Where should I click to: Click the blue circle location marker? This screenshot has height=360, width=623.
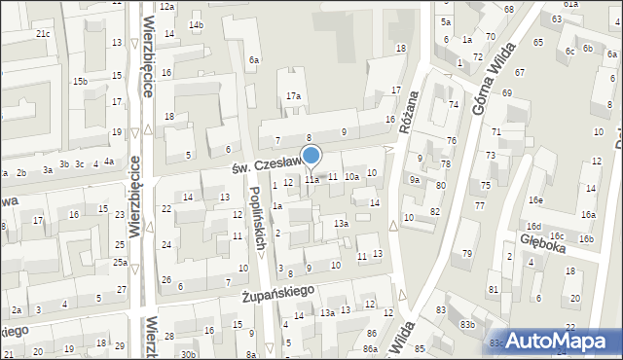tap(311, 155)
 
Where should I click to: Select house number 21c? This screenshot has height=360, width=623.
tap(43, 34)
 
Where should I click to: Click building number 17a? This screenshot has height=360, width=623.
tap(293, 96)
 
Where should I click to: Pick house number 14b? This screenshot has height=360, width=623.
tap(197, 24)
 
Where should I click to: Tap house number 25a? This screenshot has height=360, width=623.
tap(119, 262)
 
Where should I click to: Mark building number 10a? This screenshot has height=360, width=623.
tap(351, 177)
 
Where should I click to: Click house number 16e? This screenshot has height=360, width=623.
tap(535, 199)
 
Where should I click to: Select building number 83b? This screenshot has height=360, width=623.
tap(467, 324)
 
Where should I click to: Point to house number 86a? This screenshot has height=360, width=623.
tap(370, 348)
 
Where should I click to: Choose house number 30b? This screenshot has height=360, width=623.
tap(187, 354)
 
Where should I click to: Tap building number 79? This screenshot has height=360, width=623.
tap(467, 254)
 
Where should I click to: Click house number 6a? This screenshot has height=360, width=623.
tap(253, 60)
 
